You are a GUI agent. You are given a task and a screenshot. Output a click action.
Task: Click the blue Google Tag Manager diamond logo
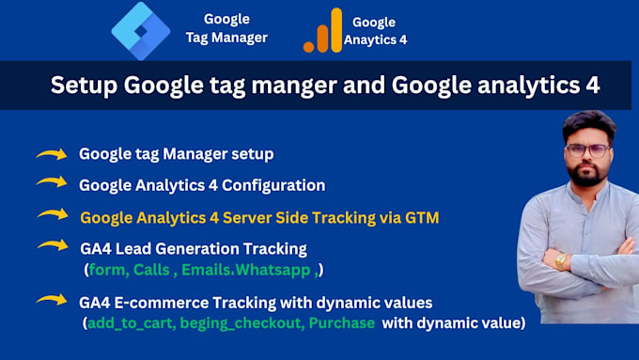click(141, 30)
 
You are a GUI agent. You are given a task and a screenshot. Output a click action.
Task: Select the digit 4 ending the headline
click(592, 86)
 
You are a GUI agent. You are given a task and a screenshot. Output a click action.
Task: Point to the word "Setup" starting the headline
click(83, 86)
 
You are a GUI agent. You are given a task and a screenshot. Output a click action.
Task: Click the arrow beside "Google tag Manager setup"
click(52, 154)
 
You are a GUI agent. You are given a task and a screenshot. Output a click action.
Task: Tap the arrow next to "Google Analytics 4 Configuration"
click(52, 183)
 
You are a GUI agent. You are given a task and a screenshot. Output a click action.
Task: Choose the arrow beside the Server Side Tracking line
click(52, 215)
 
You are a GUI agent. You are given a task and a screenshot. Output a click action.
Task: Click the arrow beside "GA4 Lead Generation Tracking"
click(52, 246)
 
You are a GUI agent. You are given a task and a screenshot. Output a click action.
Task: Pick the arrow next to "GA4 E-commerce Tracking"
click(52, 300)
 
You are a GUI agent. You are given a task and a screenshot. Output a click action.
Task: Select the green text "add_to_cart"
click(130, 323)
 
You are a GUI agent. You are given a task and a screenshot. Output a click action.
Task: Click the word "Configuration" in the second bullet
click(277, 185)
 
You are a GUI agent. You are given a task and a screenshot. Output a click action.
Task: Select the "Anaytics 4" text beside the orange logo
click(375, 40)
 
